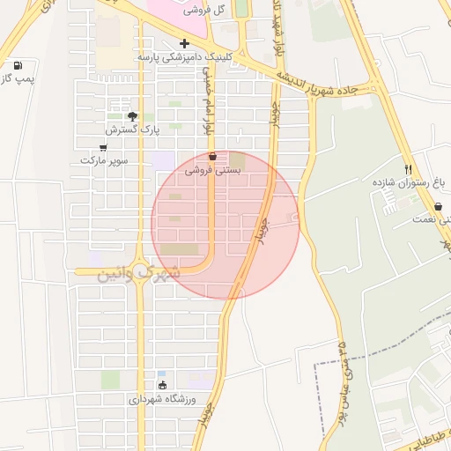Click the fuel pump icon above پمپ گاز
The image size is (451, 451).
[18, 65]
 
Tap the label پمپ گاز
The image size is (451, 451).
[16, 80]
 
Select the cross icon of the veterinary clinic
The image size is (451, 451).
[184, 43]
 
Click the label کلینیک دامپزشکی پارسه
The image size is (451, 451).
[184, 56]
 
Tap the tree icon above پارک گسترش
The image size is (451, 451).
[132, 116]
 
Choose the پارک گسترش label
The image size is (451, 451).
[130, 129]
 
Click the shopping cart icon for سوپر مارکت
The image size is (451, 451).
[103, 147]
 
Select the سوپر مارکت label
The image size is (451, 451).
[103, 161]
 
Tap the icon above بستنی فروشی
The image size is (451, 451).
[211, 158]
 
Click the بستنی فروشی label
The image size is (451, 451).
[212, 172]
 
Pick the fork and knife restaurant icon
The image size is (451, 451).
[408, 169]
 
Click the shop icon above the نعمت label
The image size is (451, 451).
[438, 206]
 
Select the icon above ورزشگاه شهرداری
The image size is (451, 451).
[161, 385]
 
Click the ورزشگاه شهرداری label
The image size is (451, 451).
[161, 399]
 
